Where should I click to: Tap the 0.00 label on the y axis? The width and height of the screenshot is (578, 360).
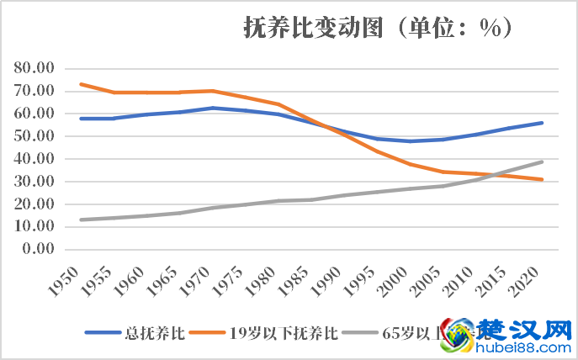point(39,250)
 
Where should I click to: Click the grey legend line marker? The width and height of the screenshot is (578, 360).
point(361,333)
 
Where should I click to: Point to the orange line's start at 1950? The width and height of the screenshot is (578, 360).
point(81,84)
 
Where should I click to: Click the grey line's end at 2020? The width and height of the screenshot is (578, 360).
point(543,161)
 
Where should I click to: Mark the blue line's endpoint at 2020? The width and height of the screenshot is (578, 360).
point(543,123)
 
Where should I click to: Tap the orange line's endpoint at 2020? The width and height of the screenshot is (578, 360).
point(543,179)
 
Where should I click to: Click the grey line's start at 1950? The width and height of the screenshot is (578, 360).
point(81,220)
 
